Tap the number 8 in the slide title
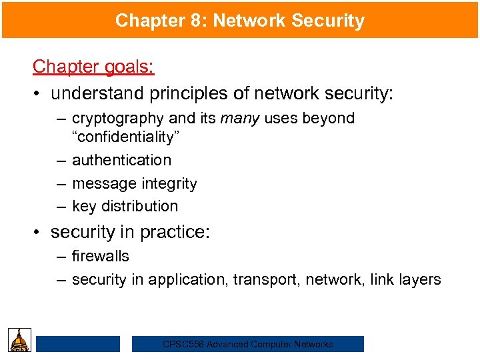190,21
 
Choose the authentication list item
121,160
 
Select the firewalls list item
101,256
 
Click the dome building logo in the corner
19,341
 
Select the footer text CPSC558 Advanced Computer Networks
248,345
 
